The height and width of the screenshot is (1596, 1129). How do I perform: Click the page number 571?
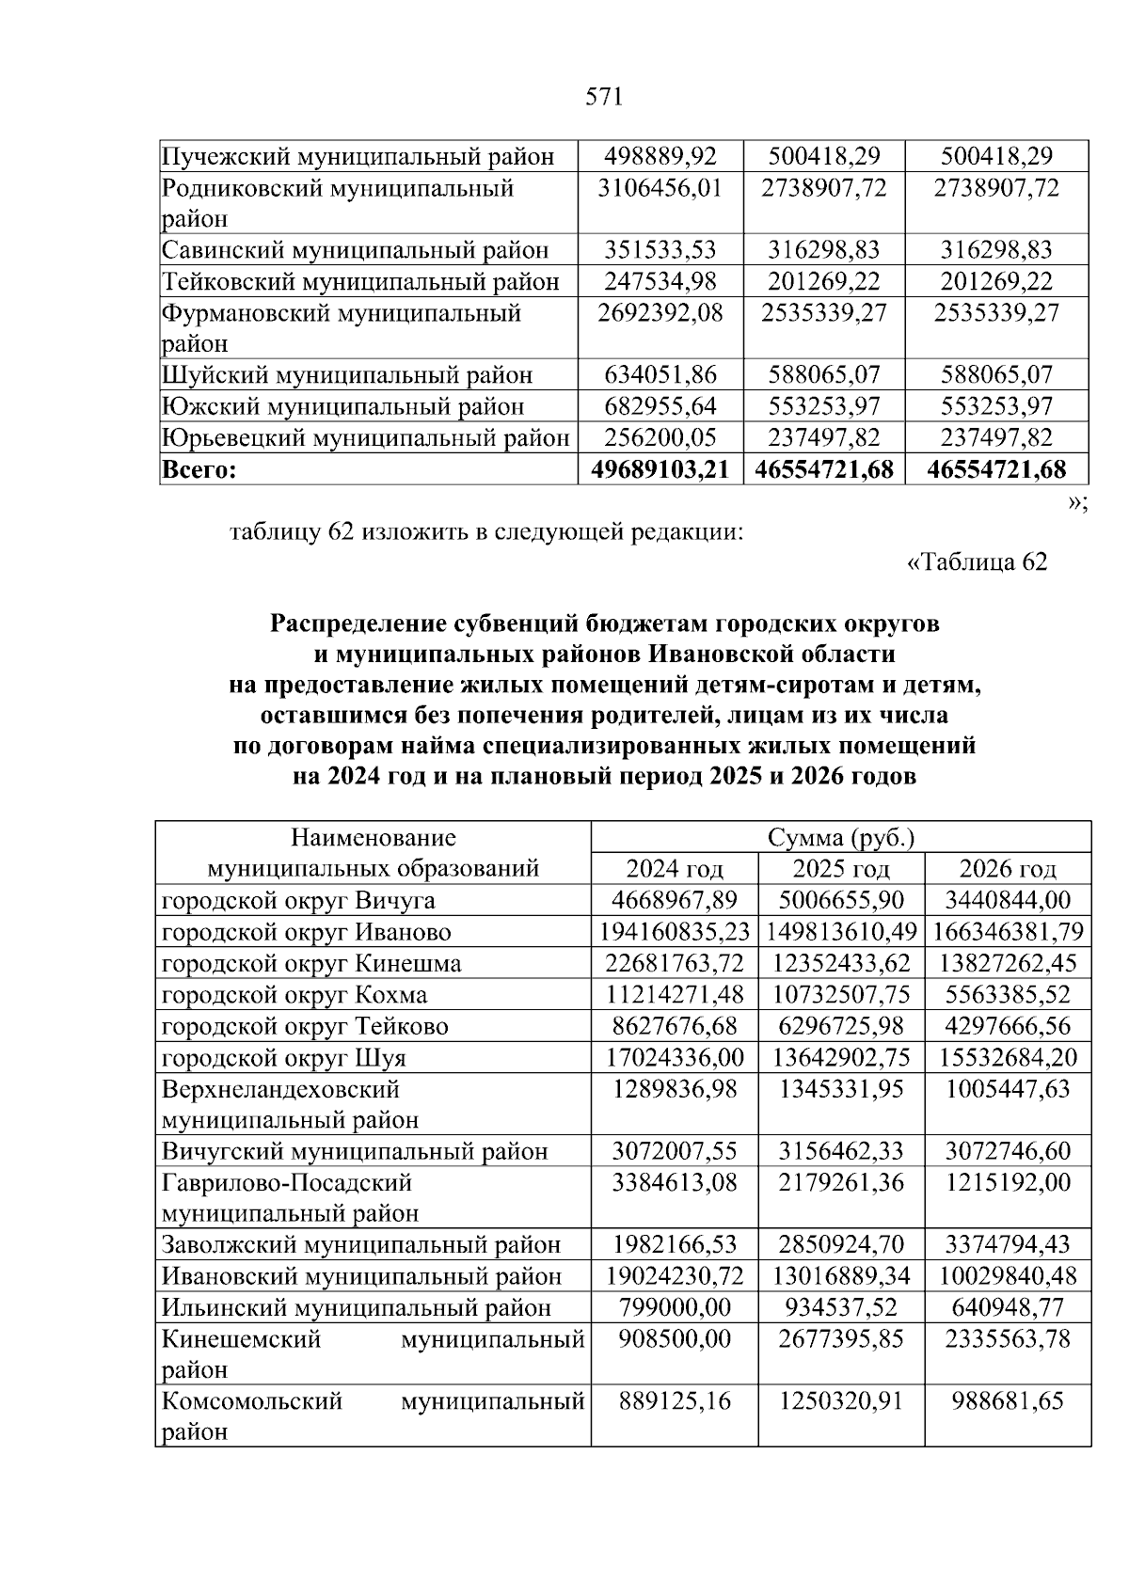[x=604, y=97]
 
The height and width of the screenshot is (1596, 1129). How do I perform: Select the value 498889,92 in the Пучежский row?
[x=660, y=156]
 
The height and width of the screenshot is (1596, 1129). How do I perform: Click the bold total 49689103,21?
[x=660, y=469]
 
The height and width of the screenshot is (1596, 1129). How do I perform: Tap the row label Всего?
[x=199, y=469]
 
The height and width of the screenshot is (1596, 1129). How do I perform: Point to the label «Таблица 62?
[x=976, y=561]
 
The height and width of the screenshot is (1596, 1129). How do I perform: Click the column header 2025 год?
[x=841, y=868]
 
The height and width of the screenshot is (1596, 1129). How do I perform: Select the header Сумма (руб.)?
[x=841, y=837]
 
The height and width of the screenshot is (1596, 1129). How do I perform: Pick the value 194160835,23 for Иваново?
[x=674, y=931]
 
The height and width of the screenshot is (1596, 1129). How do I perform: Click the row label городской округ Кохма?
[x=294, y=994]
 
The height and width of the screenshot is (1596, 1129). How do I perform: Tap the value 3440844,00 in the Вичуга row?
[x=1008, y=900]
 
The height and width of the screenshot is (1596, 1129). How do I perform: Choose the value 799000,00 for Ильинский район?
[x=674, y=1307]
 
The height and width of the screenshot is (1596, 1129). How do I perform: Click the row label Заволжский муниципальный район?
[x=361, y=1244]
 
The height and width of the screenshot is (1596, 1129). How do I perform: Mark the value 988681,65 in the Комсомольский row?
[x=1008, y=1400]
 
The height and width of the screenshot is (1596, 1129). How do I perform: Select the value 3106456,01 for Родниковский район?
[x=660, y=187]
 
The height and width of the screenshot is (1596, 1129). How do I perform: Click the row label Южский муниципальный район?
[x=343, y=406]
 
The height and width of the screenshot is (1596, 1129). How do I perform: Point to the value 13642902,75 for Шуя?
[x=841, y=1057]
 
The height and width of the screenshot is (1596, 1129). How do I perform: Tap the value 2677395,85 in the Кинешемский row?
[x=841, y=1338]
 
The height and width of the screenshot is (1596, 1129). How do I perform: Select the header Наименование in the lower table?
[x=374, y=837]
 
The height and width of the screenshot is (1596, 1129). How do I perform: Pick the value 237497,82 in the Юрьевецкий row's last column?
[x=996, y=437]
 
